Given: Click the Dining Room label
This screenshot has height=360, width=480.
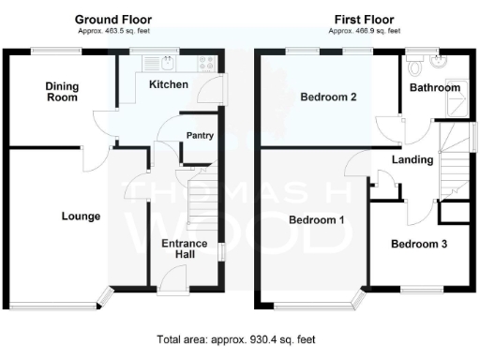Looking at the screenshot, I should [x=63, y=92].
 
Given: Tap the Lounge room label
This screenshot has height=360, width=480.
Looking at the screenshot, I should [x=81, y=217].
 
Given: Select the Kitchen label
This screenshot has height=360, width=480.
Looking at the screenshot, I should [x=169, y=85].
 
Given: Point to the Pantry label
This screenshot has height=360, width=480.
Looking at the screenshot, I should [x=201, y=136].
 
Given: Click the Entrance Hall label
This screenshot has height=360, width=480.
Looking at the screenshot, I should [x=184, y=249].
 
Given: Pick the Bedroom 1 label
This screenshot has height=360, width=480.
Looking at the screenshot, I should [x=316, y=220].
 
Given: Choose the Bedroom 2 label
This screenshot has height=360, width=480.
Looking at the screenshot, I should [x=329, y=97].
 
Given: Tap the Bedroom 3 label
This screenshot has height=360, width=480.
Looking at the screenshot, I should [x=418, y=245].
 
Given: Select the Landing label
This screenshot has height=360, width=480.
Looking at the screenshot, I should [x=412, y=159].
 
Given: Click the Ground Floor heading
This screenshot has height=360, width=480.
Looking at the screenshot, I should [x=112, y=19].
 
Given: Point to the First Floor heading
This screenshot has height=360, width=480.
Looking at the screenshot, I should [x=363, y=19].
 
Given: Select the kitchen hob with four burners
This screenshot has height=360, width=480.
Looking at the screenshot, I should [x=207, y=65].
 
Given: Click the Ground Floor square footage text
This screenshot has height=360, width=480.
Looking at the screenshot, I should [x=112, y=31].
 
